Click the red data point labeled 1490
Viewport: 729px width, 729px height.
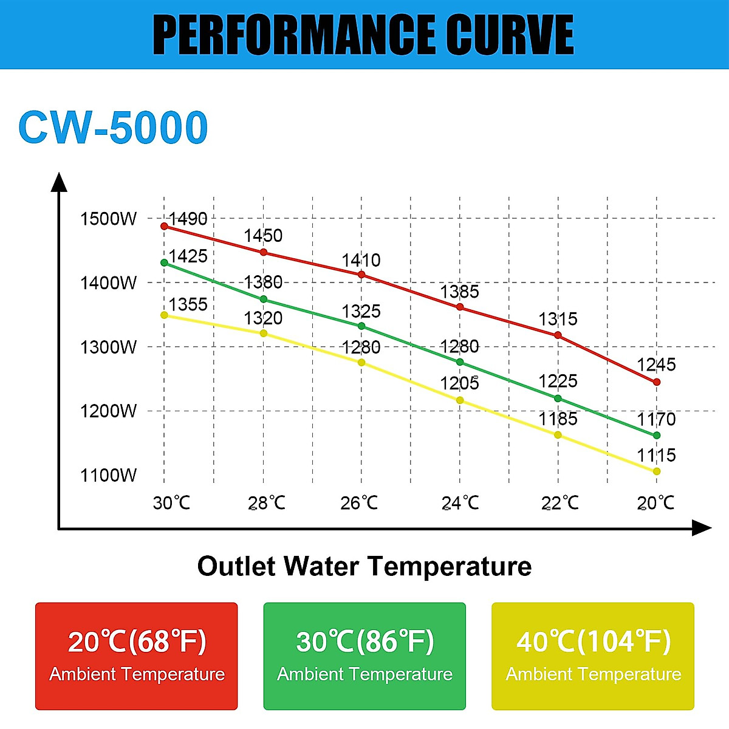click(164, 226)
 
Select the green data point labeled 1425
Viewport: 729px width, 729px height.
click(164, 262)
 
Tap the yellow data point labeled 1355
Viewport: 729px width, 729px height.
click(164, 315)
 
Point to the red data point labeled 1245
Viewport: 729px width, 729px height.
click(657, 382)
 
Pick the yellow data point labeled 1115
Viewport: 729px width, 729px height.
click(657, 471)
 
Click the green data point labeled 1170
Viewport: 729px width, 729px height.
click(657, 436)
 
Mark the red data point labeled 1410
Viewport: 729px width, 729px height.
click(361, 275)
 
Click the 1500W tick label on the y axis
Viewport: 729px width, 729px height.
click(109, 219)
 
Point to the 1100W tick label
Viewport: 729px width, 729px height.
click(109, 475)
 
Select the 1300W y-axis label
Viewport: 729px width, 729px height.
click(109, 347)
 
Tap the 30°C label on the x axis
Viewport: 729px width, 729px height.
click(171, 503)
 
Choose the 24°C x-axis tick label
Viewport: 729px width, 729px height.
click(460, 503)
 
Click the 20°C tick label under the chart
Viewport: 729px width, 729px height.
click(655, 503)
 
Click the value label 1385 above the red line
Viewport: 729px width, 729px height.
click(459, 292)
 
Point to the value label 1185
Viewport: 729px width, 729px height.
click(558, 419)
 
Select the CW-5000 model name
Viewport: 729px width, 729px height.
click(114, 128)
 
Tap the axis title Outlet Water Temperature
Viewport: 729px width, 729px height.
click(364, 566)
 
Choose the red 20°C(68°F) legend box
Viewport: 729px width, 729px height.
click(137, 656)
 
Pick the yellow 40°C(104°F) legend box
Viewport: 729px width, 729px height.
click(593, 656)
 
